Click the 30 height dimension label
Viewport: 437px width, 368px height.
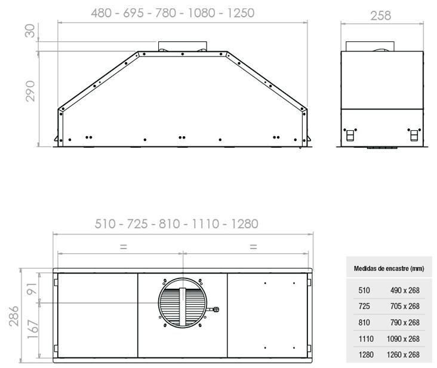pos(30,30)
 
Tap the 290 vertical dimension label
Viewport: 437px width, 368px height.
pos(30,91)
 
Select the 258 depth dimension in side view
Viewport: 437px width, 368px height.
pos(381,16)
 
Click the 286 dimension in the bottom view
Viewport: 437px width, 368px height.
pos(14,316)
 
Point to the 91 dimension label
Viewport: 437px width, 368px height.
pos(32,289)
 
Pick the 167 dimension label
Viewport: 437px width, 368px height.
pos(33,330)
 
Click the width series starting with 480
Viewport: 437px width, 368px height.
pos(173,13)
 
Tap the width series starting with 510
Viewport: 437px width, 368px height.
pos(177,224)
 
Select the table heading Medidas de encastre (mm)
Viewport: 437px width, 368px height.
pos(389,268)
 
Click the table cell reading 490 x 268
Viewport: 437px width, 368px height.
pos(405,290)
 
